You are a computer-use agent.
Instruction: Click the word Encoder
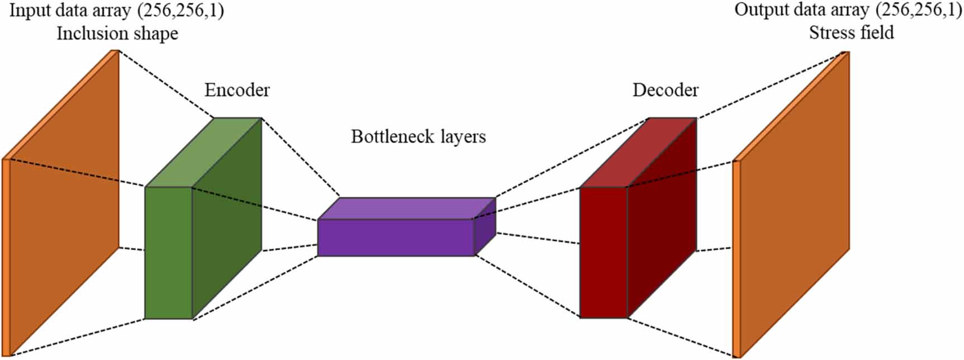point(237,90)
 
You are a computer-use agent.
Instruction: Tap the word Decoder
point(665,90)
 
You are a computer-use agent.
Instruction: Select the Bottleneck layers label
point(418,137)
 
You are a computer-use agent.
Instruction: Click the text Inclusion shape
point(117,34)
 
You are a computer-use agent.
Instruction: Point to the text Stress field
point(851,32)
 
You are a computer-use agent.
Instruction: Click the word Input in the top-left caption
point(27,11)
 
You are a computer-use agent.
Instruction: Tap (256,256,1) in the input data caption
point(184,11)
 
